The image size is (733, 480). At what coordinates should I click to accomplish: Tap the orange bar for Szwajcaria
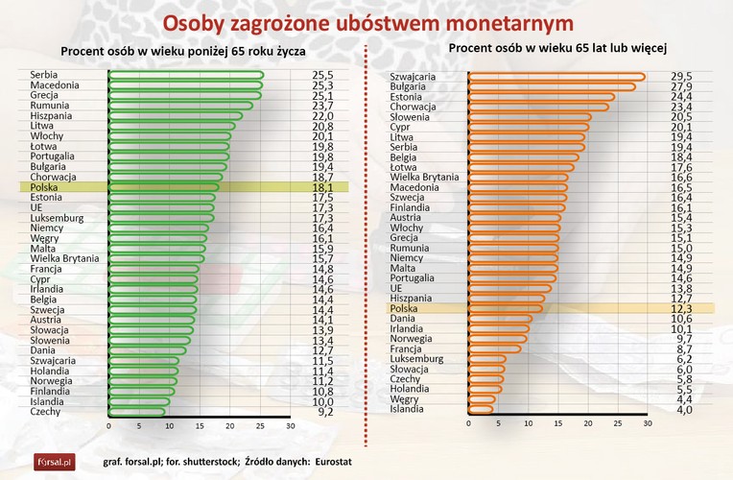click(556, 77)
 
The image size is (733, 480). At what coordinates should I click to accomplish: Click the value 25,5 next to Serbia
click(323, 75)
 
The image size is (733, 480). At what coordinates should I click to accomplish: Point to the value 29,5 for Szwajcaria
click(680, 77)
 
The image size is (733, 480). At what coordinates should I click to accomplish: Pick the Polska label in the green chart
click(44, 187)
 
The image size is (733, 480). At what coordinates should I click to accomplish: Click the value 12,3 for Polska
click(680, 308)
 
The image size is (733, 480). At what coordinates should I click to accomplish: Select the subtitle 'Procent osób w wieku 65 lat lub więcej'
click(557, 46)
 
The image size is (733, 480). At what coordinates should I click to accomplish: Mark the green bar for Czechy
click(136, 412)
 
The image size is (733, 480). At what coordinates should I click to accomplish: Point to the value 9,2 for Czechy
click(323, 412)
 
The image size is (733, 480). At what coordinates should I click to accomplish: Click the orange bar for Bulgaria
click(552, 87)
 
